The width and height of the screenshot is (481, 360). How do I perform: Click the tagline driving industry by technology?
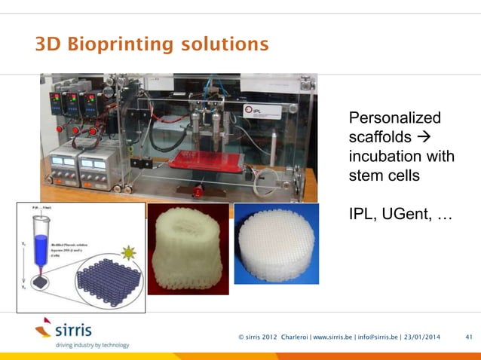[x=81, y=345]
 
